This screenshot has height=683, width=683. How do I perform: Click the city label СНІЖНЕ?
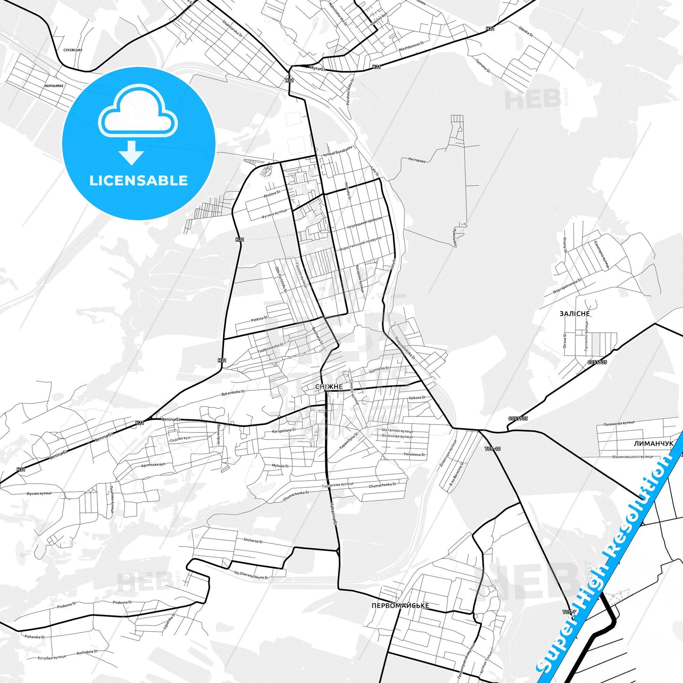pos(329,387)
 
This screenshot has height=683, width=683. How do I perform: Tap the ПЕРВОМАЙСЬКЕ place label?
pos(400,605)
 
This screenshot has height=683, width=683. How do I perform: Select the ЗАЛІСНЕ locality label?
pos(575,313)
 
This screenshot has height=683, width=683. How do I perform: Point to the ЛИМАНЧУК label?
pos(653,443)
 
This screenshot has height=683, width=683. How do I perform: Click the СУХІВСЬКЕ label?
pos(73,50)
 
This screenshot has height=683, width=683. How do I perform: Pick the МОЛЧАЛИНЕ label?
pos(54,86)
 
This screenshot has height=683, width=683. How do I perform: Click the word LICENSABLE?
pos(138,181)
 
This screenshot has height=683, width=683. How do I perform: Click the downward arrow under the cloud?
pos(131,153)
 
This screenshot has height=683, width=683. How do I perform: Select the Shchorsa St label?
pos(253,541)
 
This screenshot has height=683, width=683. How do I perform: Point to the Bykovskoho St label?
pos(233,392)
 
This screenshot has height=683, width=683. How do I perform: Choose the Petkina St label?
pos(259,319)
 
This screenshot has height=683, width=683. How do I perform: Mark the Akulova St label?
pos(272,192)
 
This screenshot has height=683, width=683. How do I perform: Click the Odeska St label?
pos(526,31)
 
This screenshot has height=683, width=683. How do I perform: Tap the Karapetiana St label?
pos(284,431)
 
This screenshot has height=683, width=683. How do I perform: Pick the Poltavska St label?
pos(35,637)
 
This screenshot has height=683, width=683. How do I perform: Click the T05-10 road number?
pos(493,449)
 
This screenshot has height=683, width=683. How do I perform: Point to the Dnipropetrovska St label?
pos(568,286)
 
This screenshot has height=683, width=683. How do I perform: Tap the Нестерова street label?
pos(416,160)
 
